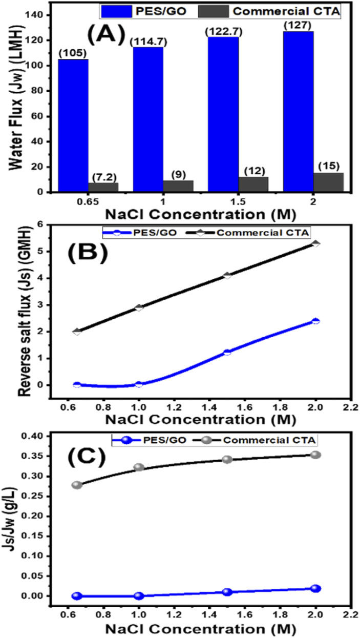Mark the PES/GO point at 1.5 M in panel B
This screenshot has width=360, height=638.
click(x=227, y=352)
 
